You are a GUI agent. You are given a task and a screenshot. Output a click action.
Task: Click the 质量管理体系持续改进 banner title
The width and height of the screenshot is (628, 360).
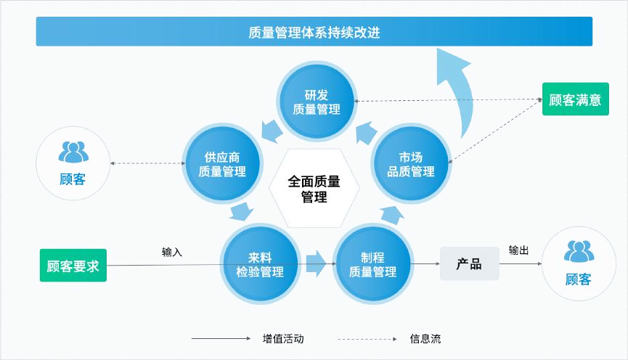pos(314,32)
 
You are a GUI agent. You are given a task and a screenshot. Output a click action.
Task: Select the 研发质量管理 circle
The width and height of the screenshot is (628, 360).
pos(317,102)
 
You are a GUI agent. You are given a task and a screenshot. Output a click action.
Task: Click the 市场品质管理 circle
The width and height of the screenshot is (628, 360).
pos(410,164)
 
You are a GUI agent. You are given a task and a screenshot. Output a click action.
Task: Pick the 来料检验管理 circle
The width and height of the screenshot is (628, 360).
pos(260,264)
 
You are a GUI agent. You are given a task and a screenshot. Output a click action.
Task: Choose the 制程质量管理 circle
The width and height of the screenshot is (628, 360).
pos(372,264)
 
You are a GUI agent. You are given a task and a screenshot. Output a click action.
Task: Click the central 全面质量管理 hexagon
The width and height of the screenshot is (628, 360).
pos(314,188)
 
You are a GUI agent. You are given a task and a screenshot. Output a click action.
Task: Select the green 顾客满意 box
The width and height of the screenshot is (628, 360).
pos(575,99)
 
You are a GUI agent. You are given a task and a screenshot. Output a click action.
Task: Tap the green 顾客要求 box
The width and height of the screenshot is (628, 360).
pos(73,265)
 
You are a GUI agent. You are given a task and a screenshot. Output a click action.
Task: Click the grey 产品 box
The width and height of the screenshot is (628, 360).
pos(469,263)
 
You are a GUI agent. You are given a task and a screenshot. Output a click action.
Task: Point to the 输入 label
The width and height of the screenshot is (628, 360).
pos(172,252)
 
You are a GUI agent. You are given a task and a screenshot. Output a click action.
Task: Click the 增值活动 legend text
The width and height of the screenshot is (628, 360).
pos(283,338)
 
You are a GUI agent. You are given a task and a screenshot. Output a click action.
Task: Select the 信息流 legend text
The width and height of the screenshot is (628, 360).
pos(425,338)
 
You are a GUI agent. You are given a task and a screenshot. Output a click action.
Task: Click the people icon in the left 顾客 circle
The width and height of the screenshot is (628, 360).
pos(73,152)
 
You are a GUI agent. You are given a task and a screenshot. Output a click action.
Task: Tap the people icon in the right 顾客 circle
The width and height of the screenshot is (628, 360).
pos(579,251)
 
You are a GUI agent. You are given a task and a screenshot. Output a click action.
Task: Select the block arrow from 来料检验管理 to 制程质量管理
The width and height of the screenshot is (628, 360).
pos(316,263)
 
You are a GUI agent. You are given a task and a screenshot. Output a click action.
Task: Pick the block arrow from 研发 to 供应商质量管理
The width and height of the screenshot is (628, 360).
pos(272,130)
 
